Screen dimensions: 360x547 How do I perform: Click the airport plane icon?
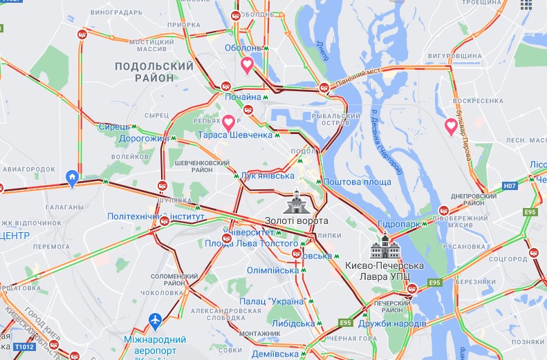tap(155, 321)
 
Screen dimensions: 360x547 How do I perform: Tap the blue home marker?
tap(71, 178)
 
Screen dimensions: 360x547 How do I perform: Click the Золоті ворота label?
tap(296, 220)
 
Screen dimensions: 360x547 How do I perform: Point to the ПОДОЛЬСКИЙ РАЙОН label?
tap(154, 72)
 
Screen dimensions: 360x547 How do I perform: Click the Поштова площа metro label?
tap(358, 182)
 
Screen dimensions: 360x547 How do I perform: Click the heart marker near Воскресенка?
tap(451, 126)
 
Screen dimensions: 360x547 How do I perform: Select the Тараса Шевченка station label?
tap(235, 135)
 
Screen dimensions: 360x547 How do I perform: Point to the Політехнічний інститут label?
tap(156, 216)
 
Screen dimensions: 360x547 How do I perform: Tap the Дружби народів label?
tap(395, 323)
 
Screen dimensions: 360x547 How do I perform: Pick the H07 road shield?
tap(510, 186)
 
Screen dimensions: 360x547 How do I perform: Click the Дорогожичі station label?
tap(146, 138)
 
